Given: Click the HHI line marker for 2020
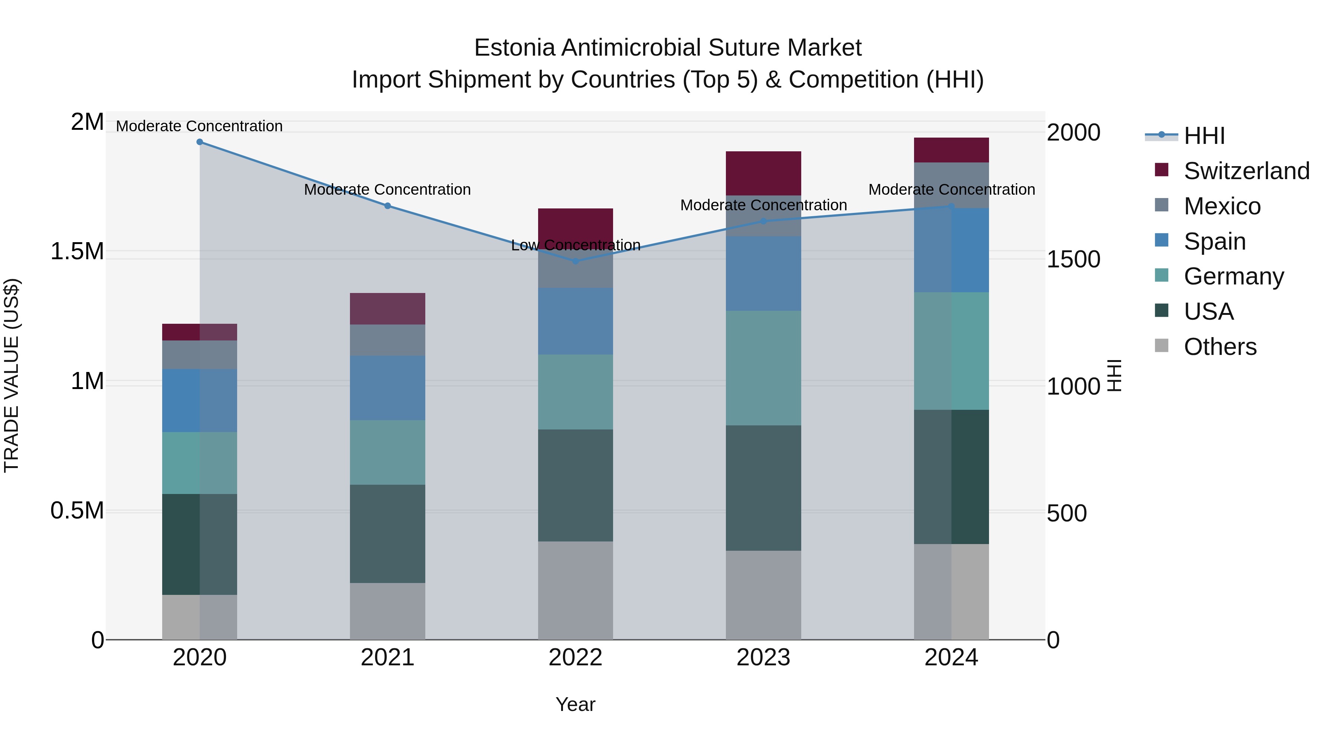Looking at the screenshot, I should click(x=200, y=142).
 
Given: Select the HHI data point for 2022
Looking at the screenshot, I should click(x=575, y=261).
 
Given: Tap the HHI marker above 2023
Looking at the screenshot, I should click(x=763, y=221).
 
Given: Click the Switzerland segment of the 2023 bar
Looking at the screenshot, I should click(x=763, y=173).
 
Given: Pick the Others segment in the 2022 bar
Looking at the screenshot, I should click(x=575, y=590).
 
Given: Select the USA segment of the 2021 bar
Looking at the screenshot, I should click(x=387, y=534).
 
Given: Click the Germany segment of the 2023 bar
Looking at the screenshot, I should click(x=763, y=368).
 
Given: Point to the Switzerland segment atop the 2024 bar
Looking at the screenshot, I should click(x=951, y=150).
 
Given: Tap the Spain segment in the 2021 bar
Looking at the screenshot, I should click(x=387, y=388).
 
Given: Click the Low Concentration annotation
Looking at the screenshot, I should click(x=576, y=245).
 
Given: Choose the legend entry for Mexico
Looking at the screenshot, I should click(x=1222, y=206).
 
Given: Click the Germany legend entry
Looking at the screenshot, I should click(x=1233, y=276).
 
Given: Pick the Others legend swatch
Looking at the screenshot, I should click(x=1162, y=346).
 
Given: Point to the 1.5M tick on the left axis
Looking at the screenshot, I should click(x=77, y=251).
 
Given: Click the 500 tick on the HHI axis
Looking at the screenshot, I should click(x=1067, y=513).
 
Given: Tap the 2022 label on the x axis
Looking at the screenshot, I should click(x=575, y=658).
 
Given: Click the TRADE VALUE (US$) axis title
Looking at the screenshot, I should click(x=12, y=375).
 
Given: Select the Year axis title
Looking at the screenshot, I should click(x=575, y=704).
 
